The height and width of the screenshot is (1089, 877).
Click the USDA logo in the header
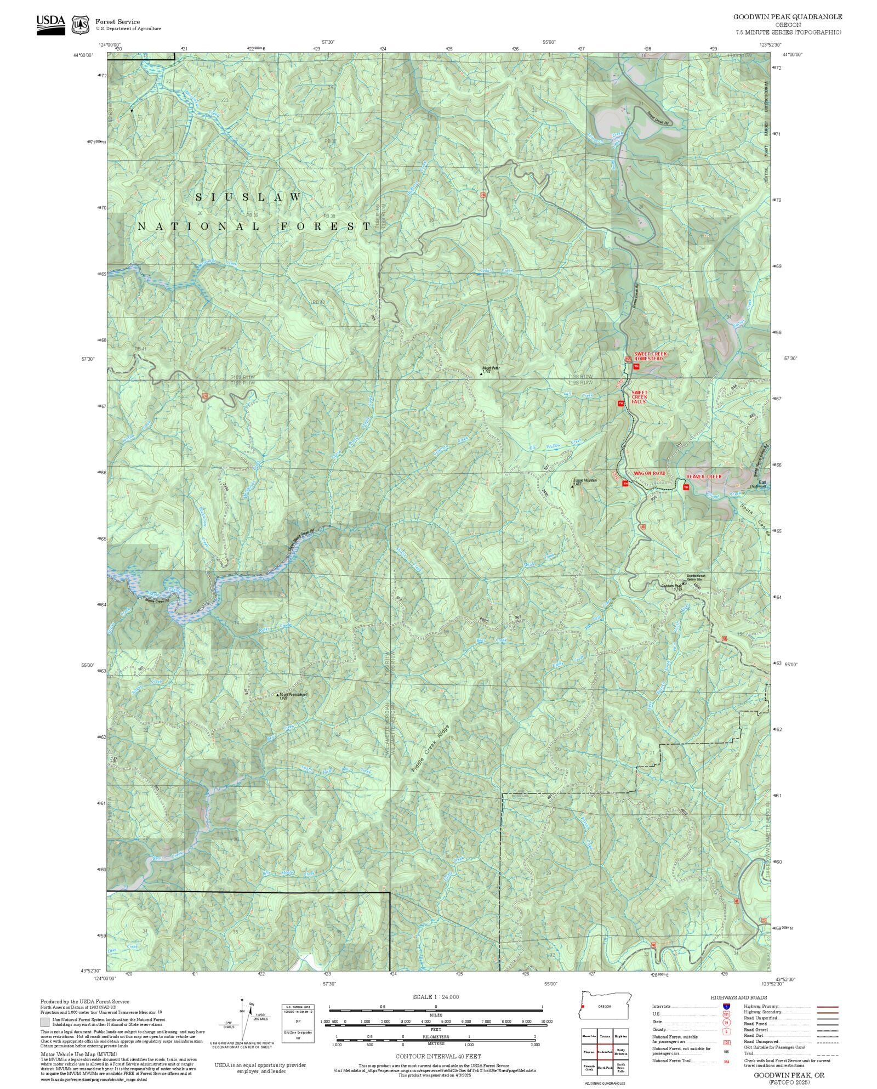(50, 25)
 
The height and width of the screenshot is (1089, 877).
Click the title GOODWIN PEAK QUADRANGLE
(788, 17)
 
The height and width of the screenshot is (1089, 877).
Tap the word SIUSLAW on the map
(248, 197)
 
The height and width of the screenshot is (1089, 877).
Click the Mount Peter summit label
(490, 369)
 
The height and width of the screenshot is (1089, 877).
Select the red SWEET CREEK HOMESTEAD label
(651, 356)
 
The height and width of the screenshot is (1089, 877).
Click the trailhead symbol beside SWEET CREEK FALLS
(620, 404)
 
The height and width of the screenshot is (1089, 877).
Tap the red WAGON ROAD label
(650, 473)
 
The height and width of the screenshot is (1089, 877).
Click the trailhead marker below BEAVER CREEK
(686, 487)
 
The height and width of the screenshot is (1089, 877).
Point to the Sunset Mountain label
(584, 481)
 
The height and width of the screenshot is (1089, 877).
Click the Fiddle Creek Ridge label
(430, 749)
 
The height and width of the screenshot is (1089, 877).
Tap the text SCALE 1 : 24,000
(436, 996)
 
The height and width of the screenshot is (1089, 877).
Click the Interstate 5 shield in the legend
(726, 1007)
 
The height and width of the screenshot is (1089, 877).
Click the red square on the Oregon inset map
(583, 1006)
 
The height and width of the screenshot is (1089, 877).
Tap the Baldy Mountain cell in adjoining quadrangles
(620, 1051)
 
